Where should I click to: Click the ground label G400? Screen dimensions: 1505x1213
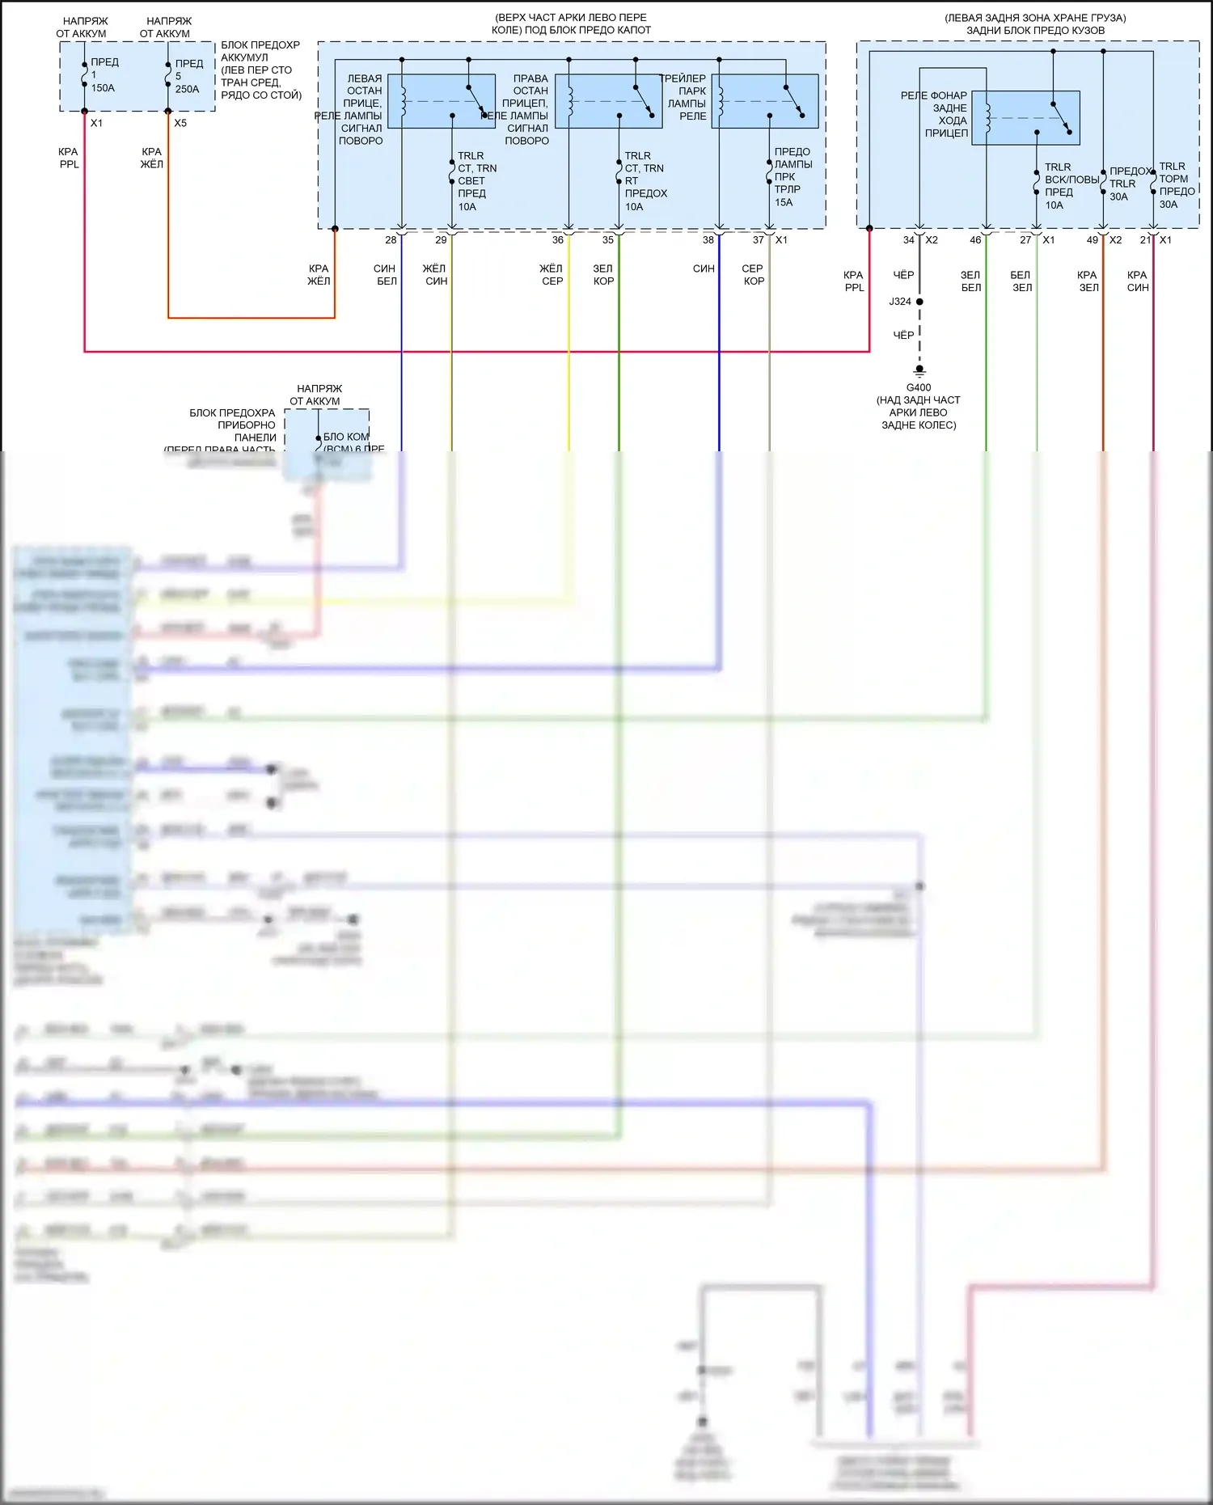pos(918,387)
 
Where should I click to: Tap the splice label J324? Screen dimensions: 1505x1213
pos(899,302)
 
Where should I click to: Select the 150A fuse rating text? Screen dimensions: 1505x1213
pos(103,88)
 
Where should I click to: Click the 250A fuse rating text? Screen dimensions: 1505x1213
pos(187,89)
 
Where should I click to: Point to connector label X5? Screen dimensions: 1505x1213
pos(180,123)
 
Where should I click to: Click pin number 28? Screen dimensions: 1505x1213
pos(391,240)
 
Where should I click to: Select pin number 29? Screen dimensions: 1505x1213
pos(441,240)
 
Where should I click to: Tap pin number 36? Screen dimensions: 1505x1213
pos(558,240)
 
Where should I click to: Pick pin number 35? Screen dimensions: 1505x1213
pos(608,240)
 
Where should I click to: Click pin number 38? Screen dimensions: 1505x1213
pos(708,240)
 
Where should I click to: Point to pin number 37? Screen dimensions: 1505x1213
pos(759,240)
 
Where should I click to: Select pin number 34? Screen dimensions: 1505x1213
pos(909,240)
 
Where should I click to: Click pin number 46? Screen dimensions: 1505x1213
pos(975,240)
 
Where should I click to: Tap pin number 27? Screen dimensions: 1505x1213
pos(1025,240)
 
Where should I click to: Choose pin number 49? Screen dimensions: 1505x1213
pos(1093,240)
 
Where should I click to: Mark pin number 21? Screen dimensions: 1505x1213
pos(1145,240)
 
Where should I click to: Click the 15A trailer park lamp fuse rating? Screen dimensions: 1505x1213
pos(784,202)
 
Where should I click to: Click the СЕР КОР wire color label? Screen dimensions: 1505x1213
pos(753,275)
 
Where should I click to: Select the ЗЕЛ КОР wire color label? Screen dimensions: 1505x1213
pos(603,275)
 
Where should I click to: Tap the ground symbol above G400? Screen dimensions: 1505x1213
pos(919,372)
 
